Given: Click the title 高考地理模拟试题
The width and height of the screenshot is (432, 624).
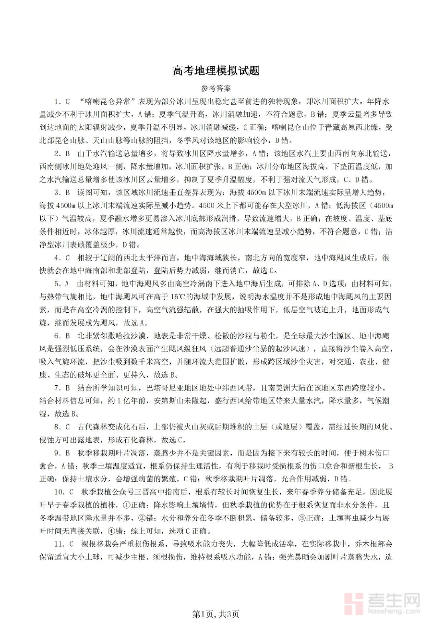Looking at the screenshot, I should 216,71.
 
